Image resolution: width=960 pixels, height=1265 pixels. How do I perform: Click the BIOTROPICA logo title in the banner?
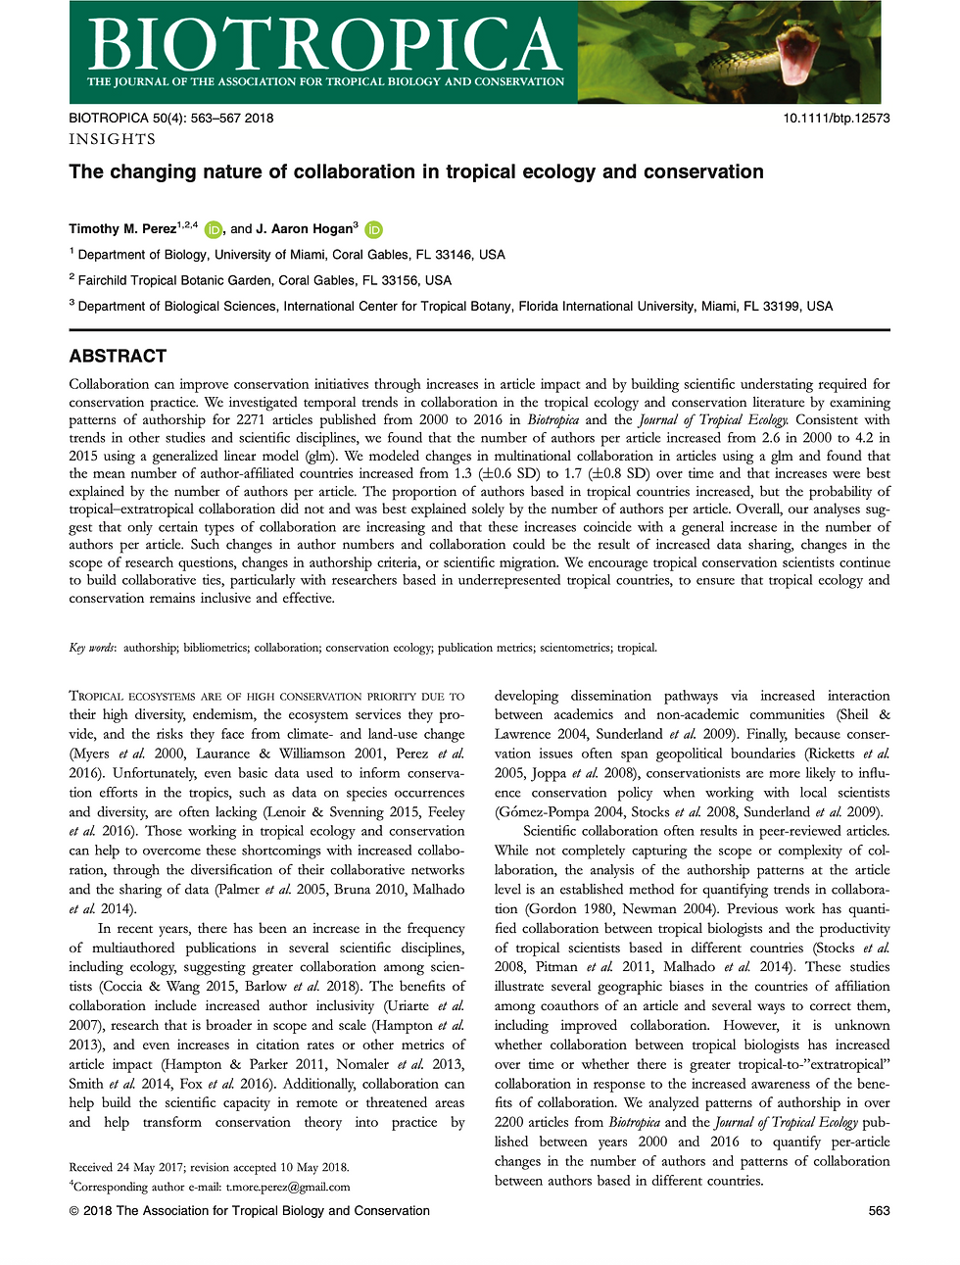click(324, 43)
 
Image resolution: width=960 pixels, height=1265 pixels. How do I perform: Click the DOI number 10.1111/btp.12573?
click(836, 118)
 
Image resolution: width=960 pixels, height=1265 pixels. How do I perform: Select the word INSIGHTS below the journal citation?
click(112, 139)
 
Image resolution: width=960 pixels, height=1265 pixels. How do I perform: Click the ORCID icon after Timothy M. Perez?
click(214, 230)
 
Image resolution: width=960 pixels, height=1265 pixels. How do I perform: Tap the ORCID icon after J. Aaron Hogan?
click(373, 230)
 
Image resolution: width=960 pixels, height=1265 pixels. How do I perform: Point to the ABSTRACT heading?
click(118, 356)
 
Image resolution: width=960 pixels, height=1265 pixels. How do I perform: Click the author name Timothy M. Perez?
click(122, 229)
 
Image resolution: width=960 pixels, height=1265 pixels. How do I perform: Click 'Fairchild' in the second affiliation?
click(106, 280)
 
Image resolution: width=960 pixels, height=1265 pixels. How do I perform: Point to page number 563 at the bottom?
click(879, 1211)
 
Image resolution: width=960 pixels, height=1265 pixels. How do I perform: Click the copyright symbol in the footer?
click(74, 1211)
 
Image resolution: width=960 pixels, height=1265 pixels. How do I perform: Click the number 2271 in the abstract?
click(252, 420)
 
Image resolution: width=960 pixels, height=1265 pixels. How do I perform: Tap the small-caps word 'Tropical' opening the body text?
click(97, 697)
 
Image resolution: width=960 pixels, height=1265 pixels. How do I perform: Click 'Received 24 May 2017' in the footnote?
click(127, 1167)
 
